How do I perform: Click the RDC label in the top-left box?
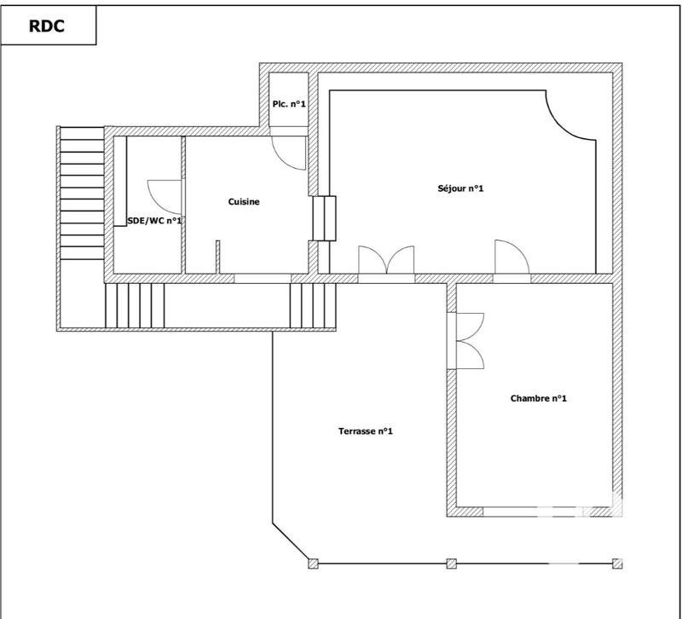click(x=48, y=26)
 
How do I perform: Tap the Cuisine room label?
click(x=244, y=202)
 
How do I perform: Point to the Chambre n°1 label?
click(x=539, y=398)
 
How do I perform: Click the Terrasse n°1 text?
click(x=365, y=431)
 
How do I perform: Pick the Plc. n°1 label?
click(x=289, y=104)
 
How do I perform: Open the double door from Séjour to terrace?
click(x=387, y=260)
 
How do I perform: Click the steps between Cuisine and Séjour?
click(x=325, y=218)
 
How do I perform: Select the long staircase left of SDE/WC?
click(x=81, y=196)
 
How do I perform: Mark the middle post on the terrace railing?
click(x=452, y=564)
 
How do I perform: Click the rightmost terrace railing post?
click(x=617, y=564)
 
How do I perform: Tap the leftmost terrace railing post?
click(x=312, y=564)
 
